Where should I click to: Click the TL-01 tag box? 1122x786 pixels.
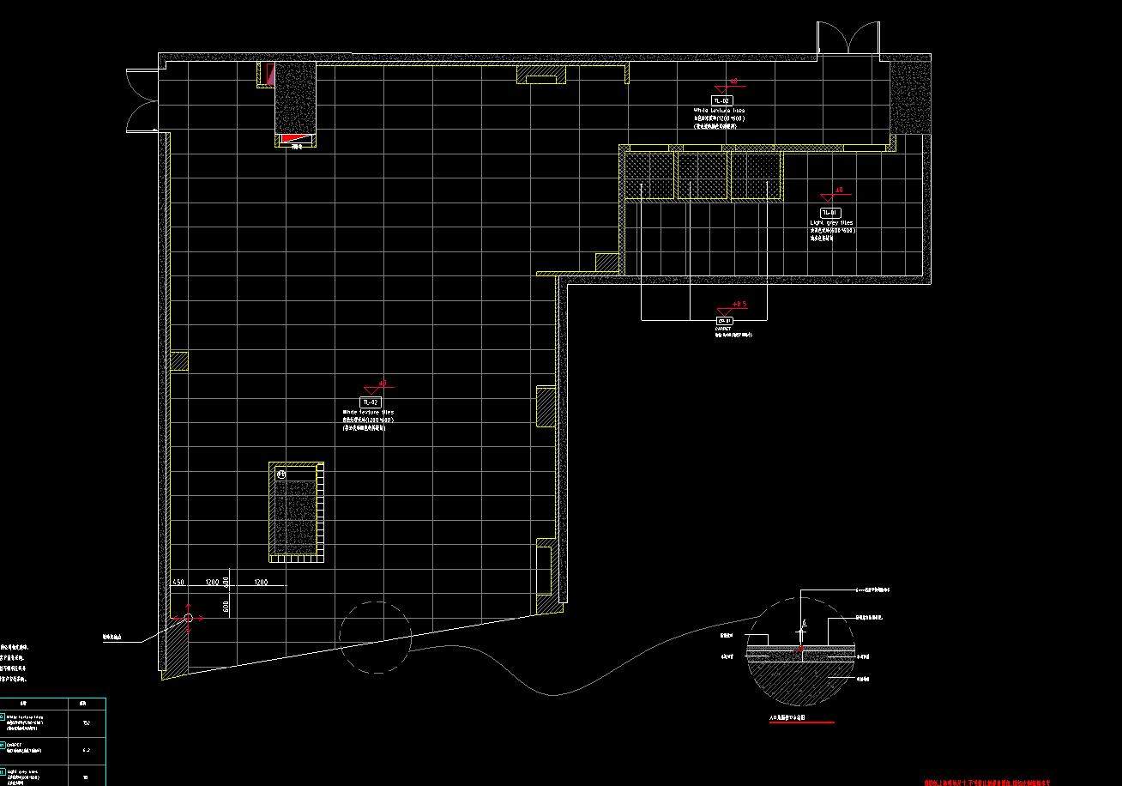(x=829, y=212)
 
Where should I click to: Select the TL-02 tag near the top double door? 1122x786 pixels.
(x=721, y=100)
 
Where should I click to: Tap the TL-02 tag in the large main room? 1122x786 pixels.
(x=370, y=402)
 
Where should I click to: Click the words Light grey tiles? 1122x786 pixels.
(x=831, y=222)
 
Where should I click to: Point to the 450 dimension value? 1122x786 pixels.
(x=178, y=582)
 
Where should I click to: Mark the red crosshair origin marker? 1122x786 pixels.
(x=189, y=617)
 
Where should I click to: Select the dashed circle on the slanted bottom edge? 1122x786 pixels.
(x=376, y=636)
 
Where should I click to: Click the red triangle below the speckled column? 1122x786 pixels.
(x=294, y=138)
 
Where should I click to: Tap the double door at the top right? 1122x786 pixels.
(x=848, y=38)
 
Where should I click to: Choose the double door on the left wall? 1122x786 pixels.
(x=142, y=100)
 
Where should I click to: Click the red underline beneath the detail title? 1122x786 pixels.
(x=801, y=723)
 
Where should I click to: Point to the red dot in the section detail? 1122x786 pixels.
(x=799, y=649)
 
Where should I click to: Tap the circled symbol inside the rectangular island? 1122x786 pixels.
(x=281, y=474)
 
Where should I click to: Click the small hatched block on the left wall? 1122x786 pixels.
(x=178, y=361)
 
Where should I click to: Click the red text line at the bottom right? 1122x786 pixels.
(x=986, y=782)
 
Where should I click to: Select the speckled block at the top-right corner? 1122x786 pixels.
(x=909, y=96)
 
